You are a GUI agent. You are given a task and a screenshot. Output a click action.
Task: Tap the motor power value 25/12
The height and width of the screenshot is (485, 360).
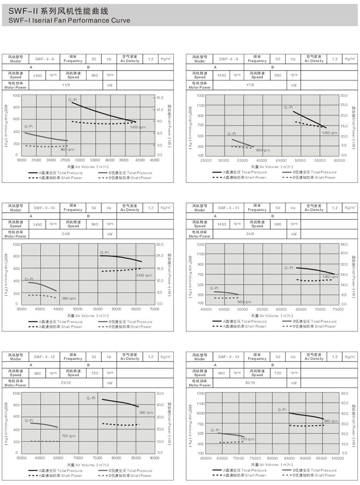pos(65,383)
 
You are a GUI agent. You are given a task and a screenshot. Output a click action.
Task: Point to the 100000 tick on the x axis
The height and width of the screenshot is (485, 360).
pos(338,458)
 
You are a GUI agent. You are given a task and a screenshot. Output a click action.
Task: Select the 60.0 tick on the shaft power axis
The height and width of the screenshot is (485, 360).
pos(345,393)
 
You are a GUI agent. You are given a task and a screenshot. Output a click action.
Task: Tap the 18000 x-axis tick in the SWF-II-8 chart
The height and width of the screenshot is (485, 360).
pos(22,160)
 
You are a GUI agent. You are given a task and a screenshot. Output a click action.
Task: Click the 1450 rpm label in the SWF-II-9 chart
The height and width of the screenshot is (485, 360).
pos(329,133)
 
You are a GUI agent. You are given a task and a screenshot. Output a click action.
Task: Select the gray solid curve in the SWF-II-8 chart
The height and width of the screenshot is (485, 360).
pos(46,137)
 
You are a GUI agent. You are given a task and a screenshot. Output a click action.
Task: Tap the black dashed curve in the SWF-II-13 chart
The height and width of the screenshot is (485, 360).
pos(306,426)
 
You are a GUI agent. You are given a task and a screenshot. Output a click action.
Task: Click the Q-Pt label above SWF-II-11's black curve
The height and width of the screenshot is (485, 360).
pos(288,268)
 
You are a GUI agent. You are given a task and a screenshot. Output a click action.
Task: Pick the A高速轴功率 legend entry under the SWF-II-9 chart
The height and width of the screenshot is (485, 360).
pos(240,177)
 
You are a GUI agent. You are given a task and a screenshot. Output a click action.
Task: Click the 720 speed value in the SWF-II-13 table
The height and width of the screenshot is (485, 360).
pos(278,373)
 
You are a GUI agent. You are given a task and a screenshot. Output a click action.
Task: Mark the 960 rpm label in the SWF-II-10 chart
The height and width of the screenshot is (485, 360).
pos(69,298)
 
